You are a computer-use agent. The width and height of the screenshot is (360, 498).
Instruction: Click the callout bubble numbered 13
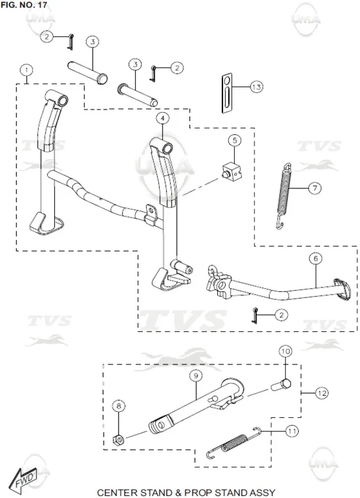(x=256, y=87)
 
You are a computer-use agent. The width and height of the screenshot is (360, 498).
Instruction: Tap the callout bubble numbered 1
(x=27, y=70)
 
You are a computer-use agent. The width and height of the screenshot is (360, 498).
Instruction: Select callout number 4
(x=162, y=119)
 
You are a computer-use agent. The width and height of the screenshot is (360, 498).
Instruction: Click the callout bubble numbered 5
(x=235, y=140)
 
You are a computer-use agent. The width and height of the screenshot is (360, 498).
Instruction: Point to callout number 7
(x=315, y=188)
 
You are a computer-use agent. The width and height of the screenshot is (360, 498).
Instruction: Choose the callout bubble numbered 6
(x=316, y=259)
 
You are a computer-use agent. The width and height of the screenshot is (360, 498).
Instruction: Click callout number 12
(x=322, y=393)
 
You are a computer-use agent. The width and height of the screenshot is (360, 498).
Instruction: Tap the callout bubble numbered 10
(x=286, y=351)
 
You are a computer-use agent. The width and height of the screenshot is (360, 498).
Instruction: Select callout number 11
(x=292, y=432)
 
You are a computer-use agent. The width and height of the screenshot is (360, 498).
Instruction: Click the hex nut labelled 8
(x=119, y=440)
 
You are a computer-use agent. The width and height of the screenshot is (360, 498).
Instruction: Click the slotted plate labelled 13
(x=226, y=93)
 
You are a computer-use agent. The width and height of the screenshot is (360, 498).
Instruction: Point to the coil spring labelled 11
(x=234, y=442)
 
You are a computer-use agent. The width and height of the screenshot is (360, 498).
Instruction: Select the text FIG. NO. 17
(x=24, y=5)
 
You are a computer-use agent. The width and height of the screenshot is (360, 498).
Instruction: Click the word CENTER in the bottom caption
(x=118, y=493)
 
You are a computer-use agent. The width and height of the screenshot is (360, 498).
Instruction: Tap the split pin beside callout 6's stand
(x=254, y=315)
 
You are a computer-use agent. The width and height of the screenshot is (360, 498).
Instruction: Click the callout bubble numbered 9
(x=196, y=376)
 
